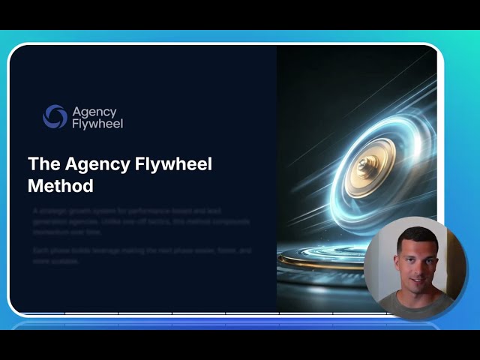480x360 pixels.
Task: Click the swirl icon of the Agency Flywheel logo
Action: pyautogui.click(x=55, y=116)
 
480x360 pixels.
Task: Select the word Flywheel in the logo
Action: pyautogui.click(x=97, y=123)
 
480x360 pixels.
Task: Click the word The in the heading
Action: pyautogui.click(x=43, y=164)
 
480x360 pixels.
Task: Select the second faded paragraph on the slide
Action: pyautogui.click(x=141, y=255)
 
